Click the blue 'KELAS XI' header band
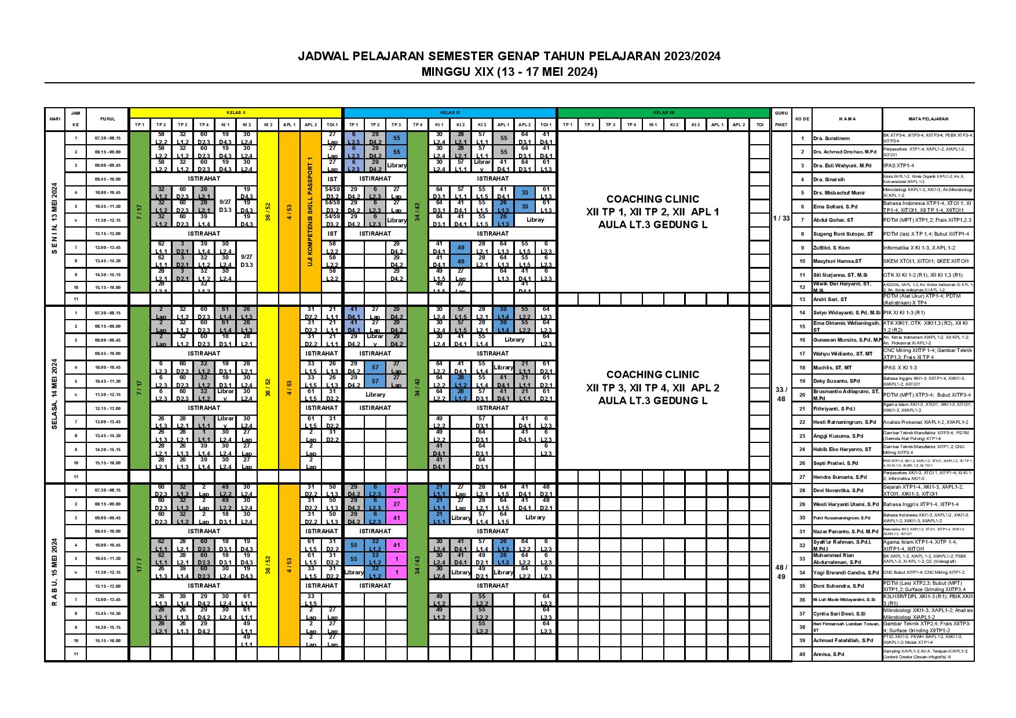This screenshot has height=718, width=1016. [x=449, y=112]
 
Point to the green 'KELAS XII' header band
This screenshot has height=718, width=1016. [x=663, y=112]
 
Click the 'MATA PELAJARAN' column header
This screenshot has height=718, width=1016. [x=928, y=119]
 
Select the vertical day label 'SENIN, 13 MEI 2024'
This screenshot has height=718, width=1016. [x=54, y=218]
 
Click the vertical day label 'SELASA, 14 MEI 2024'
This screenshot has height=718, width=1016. [x=54, y=394]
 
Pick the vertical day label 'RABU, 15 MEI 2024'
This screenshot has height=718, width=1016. [x=54, y=572]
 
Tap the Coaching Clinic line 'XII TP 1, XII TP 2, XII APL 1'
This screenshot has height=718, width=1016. [x=653, y=212]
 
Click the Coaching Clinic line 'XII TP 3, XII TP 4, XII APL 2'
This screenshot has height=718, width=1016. [x=653, y=387]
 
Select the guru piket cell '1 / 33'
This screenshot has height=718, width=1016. [x=781, y=218]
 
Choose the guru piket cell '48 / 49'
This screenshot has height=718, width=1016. [x=781, y=572]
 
